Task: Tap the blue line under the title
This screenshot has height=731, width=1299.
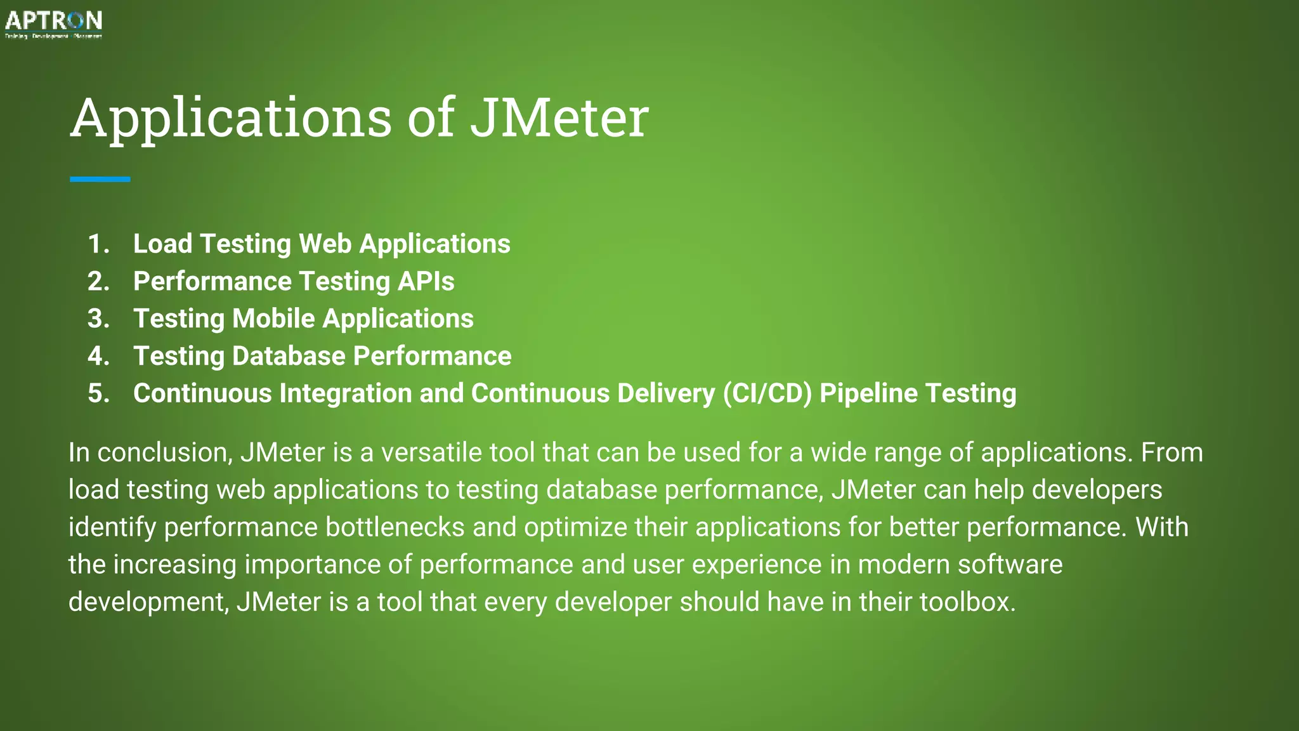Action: click(100, 180)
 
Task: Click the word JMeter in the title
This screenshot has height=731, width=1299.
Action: click(559, 117)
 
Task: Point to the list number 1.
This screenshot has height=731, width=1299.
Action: click(98, 244)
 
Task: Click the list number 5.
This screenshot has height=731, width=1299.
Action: click(98, 393)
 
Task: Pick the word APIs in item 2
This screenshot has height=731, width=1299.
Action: click(426, 282)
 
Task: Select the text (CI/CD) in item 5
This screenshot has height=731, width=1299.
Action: click(767, 393)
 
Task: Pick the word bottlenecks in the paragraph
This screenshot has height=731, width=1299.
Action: click(395, 527)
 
